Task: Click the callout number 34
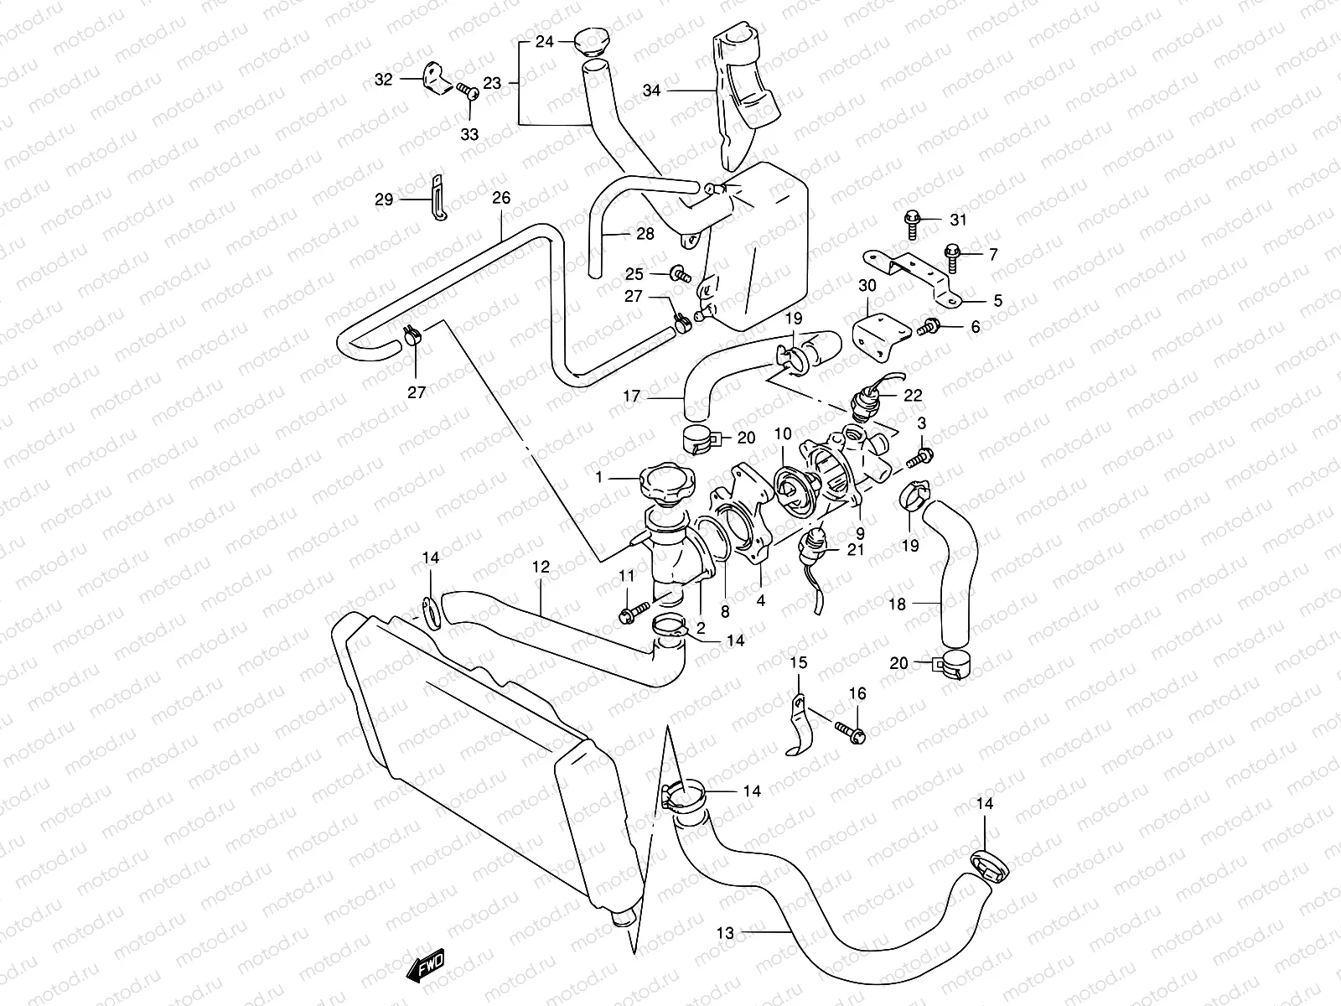(652, 91)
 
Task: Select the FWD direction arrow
(428, 965)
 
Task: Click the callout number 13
(726, 931)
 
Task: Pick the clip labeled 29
(437, 200)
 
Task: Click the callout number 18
(897, 603)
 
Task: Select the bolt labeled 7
(952, 254)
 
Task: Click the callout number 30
(867, 286)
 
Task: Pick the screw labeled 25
(680, 273)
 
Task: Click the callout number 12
(541, 568)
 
